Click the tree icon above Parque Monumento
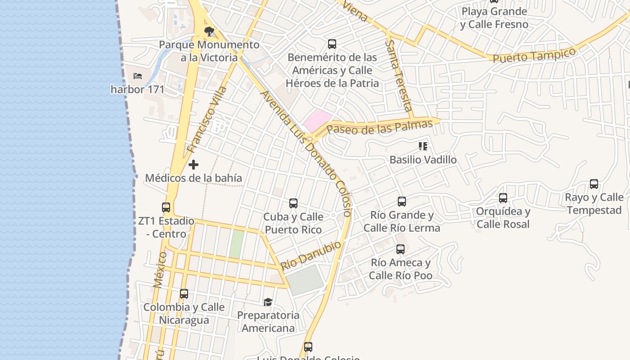pos(208,31)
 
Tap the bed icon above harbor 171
pos(138,76)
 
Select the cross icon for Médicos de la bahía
pos(193,165)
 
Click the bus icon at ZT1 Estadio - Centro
pos(166,207)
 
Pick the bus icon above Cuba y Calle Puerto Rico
pos(293,203)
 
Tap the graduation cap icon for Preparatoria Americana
pos(268,301)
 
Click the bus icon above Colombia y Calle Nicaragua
pos(184,294)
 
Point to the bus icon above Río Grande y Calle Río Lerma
pos(401,202)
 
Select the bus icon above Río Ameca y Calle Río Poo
pos(400,249)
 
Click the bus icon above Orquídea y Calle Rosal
pos(503,198)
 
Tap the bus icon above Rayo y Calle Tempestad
pos(594,184)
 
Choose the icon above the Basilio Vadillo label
pos(423,146)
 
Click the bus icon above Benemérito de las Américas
pos(332,44)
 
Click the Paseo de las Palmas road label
pos(379,126)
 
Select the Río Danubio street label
pos(311,255)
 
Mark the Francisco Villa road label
pos(207,120)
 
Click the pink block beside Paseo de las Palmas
pos(317,120)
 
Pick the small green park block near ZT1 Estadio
pos(236,244)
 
